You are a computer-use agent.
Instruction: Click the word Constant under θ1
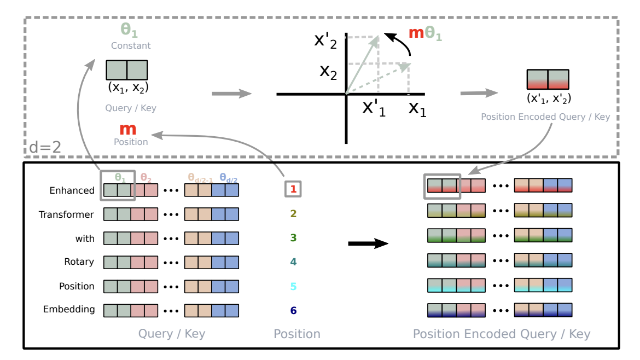click(131, 46)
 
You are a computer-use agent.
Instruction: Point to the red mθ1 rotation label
click(425, 33)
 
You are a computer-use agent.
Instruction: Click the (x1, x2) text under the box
click(128, 87)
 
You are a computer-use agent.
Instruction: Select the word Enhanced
click(72, 190)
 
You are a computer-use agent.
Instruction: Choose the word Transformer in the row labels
click(66, 214)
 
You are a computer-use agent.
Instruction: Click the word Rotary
click(79, 262)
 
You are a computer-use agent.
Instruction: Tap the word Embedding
click(69, 309)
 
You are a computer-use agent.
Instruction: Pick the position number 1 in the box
click(293, 189)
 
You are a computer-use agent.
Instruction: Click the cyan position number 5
click(293, 286)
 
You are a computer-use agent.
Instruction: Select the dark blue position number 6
click(293, 310)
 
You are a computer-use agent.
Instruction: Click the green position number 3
click(293, 238)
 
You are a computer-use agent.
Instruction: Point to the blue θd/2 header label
click(228, 177)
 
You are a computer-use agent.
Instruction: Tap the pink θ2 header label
click(146, 177)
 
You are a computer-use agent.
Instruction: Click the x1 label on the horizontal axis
click(417, 109)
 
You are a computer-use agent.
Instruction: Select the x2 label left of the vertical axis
click(328, 72)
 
